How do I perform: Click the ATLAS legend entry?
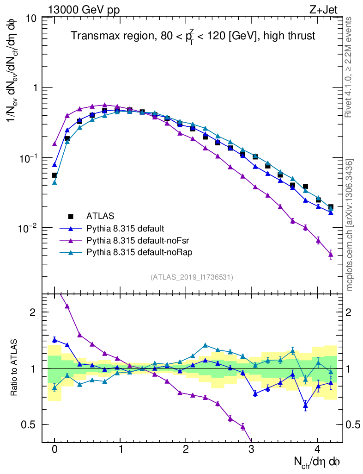pos(99,216)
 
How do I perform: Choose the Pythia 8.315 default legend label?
pos(125,228)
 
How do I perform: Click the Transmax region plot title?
pos(193,36)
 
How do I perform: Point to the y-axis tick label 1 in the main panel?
pos(35,88)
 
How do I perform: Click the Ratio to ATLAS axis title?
pos(14,368)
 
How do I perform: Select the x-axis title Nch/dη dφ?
pos(318,462)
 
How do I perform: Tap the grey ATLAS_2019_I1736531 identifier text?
pos(192,277)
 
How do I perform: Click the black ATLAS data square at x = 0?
pos(54,175)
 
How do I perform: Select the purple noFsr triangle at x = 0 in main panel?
pos(54,144)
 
